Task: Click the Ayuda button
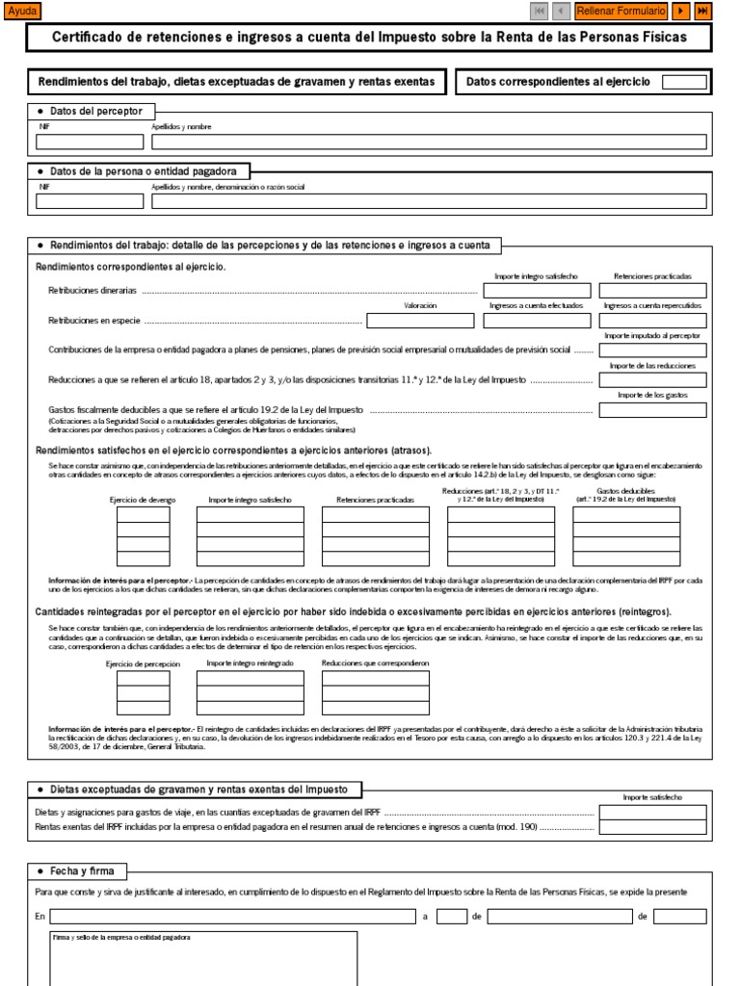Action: tap(22, 11)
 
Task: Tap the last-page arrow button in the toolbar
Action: tap(703, 11)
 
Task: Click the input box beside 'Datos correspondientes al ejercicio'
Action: tap(684, 82)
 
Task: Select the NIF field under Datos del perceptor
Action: tap(89, 142)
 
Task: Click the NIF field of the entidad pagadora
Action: tap(89, 201)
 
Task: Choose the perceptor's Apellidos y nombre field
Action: tap(429, 142)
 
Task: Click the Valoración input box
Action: tap(420, 321)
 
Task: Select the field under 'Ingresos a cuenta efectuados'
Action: tap(537, 321)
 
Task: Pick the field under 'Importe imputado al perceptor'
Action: tap(652, 350)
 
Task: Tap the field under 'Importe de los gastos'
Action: tap(652, 410)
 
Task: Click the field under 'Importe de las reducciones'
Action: tap(652, 380)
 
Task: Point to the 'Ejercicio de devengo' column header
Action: tap(143, 500)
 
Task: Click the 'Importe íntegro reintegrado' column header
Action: tap(250, 663)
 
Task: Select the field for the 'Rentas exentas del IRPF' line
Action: tap(652, 826)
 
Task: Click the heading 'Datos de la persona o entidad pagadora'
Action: tap(143, 170)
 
